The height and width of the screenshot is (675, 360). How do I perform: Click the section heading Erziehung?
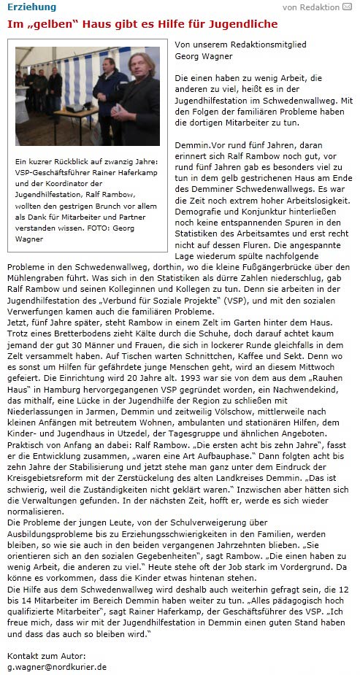tap(31, 7)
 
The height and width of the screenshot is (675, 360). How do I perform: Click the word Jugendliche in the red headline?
tap(238, 24)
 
